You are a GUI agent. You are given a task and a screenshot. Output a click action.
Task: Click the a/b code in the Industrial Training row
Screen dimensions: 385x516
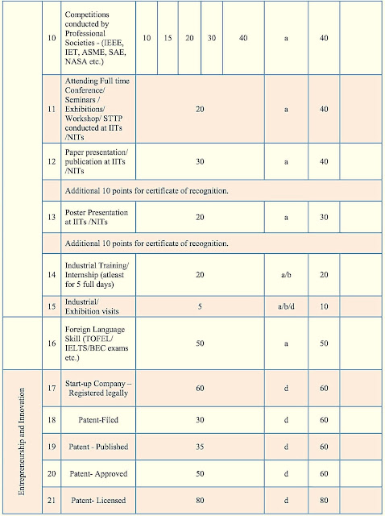(x=286, y=275)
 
